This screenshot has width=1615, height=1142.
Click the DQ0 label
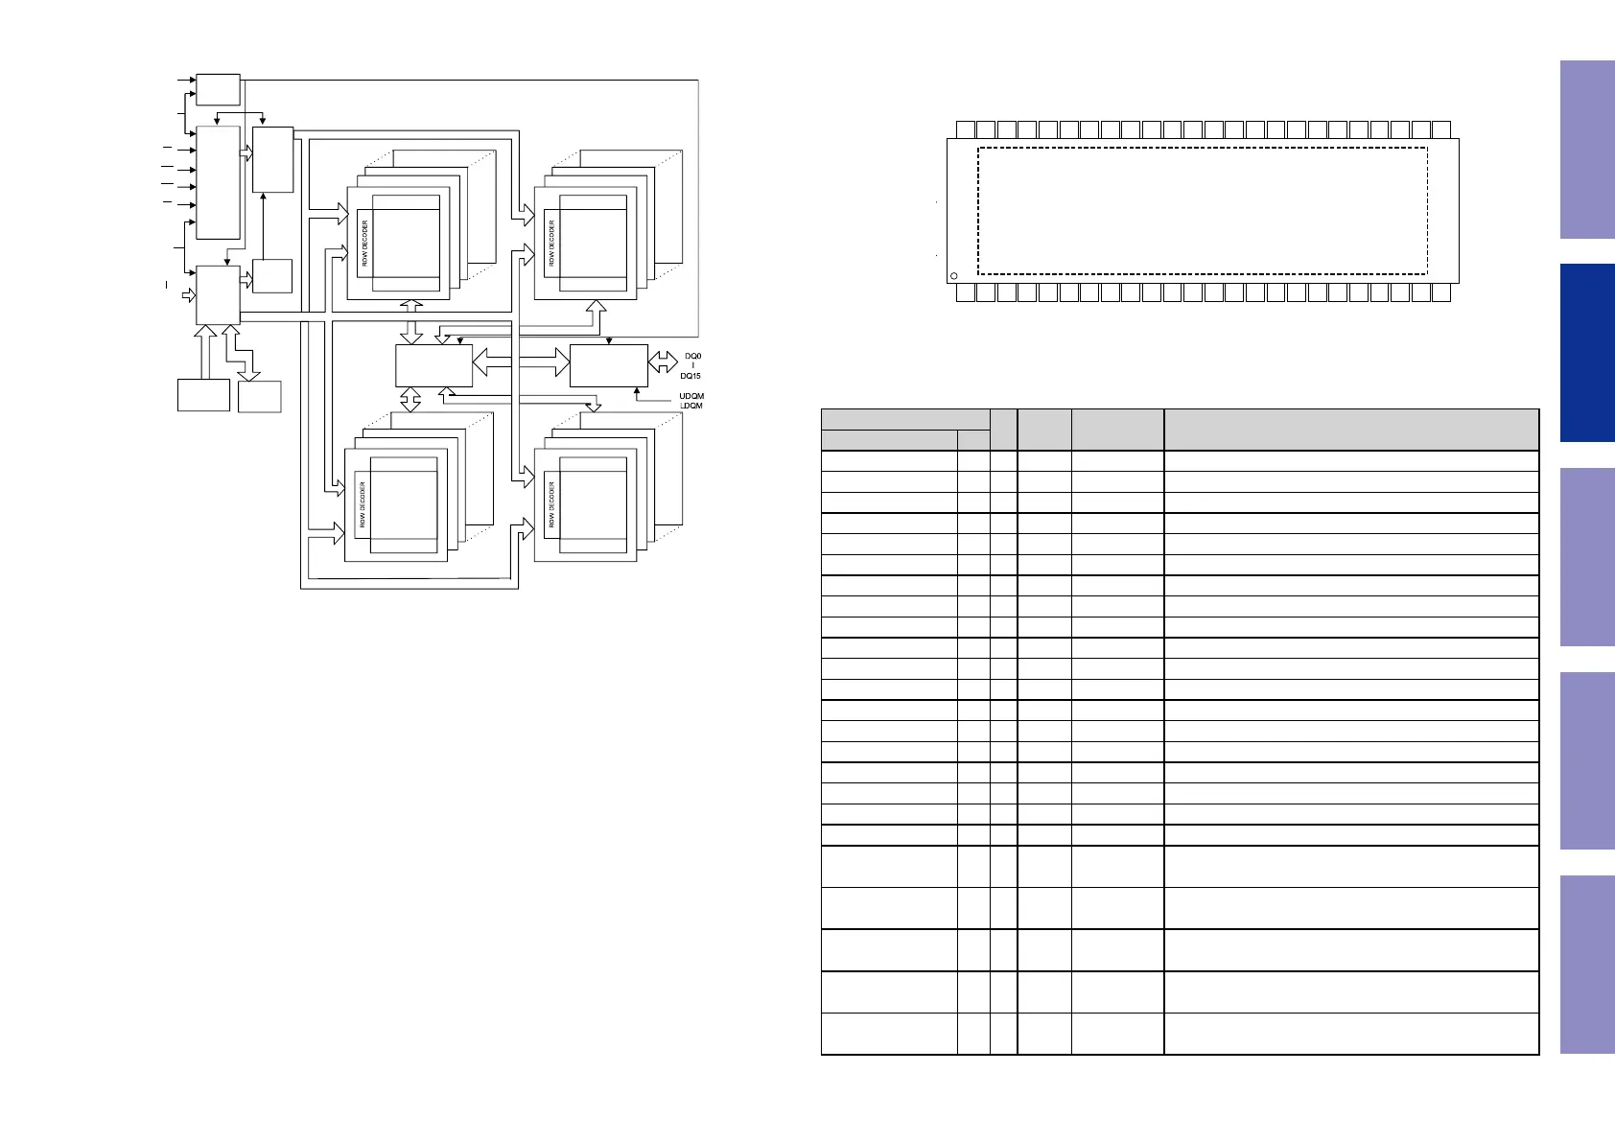692,356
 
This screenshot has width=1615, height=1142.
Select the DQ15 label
690,376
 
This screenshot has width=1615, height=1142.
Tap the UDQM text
690,396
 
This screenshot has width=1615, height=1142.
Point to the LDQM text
690,406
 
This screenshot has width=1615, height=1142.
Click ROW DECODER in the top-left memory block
364,244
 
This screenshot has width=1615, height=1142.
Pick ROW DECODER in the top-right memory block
551,244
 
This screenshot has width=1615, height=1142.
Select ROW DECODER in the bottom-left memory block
363,504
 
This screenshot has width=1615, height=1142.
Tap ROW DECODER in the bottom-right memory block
551,504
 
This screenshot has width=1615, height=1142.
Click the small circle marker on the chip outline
953,276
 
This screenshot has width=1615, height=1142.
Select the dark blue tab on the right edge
1586,352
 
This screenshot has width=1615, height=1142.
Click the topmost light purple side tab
1586,149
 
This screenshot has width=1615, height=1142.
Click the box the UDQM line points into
608,365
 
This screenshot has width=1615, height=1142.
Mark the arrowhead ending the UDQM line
636,390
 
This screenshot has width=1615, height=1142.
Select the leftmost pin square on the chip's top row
966,129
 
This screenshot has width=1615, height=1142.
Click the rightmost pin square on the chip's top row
1440,129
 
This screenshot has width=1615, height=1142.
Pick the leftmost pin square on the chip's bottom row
966,292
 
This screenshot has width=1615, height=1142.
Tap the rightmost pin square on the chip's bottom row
1440,292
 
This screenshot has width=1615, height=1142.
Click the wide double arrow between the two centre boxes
521,362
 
